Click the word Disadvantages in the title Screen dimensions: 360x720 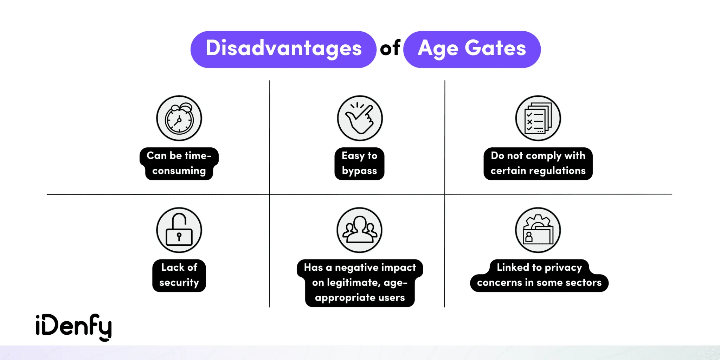coord(283,49)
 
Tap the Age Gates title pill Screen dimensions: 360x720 coord(472,49)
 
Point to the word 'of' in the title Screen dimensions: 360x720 coord(390,49)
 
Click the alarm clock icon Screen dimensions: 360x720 coord(179,118)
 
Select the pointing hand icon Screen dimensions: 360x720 coord(360,118)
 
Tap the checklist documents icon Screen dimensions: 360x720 coord(538,118)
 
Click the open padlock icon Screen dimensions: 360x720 coord(179,230)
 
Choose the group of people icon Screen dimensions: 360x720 coord(360,230)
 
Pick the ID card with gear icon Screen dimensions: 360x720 coord(538,230)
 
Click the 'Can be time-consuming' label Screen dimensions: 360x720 coord(179,163)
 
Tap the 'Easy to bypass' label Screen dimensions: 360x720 coord(359,163)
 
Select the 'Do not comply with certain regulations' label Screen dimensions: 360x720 coord(538,163)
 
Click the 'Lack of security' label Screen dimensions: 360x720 coord(179,275)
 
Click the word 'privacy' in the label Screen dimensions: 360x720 coord(563,268)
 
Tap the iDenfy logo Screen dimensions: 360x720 coord(74,327)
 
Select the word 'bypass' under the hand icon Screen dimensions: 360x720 coord(359,171)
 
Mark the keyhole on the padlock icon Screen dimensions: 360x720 coord(179,236)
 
